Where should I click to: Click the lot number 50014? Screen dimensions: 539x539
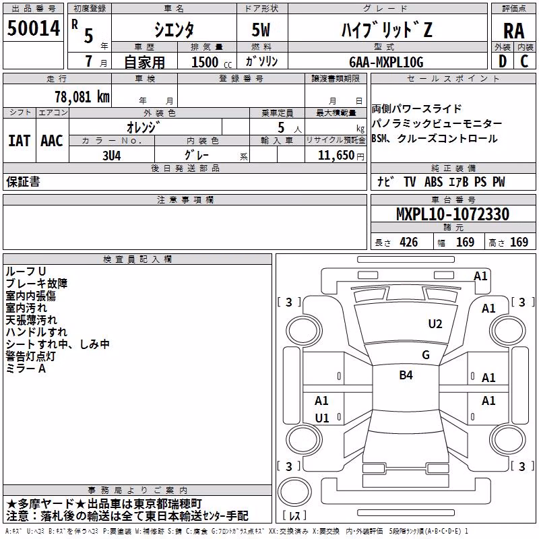point(34,28)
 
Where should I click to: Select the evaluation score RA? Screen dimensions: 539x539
point(514,31)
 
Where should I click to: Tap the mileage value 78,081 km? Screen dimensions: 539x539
point(82,96)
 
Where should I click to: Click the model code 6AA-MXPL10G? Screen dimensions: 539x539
point(386,62)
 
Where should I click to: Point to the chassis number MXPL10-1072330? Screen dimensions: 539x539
point(453,214)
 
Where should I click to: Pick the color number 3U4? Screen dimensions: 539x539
point(112,156)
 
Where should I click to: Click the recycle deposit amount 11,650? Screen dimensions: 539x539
point(336,156)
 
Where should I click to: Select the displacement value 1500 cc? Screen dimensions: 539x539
point(212,62)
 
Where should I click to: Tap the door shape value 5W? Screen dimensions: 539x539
point(261,30)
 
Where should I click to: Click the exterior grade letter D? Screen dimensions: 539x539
point(503,61)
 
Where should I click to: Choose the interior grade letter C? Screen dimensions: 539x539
point(524,61)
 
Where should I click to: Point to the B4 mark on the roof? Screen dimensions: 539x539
point(406,375)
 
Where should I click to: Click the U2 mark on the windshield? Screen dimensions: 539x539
point(435,324)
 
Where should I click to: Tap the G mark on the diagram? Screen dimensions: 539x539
point(426,354)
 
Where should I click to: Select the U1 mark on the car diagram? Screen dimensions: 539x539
point(322,418)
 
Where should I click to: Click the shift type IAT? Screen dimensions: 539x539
point(20,141)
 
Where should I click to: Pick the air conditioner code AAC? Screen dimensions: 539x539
point(52,141)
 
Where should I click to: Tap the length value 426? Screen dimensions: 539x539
point(409,242)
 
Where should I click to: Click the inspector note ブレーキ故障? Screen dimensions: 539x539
point(36,284)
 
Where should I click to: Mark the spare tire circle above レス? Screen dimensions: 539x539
point(294,492)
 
